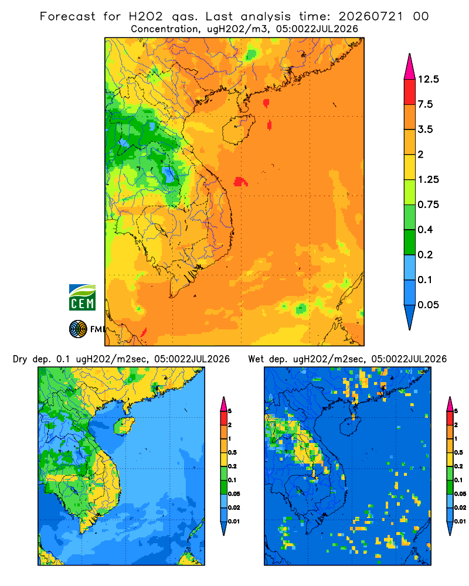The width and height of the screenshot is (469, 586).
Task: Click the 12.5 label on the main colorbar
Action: [428, 79]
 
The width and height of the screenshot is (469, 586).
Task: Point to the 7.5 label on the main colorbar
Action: [425, 104]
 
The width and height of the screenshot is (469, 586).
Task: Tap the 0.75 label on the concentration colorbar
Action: [428, 205]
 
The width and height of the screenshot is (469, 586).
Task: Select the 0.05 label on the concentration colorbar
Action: [428, 305]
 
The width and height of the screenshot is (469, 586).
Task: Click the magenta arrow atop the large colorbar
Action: [410, 67]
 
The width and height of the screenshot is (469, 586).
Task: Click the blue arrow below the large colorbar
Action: [410, 316]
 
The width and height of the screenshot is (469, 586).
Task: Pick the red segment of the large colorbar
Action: [410, 92]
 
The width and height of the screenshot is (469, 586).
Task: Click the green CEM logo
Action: [82, 297]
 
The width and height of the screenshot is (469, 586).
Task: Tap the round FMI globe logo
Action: [78, 329]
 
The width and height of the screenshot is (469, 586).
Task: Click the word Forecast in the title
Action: [67, 16]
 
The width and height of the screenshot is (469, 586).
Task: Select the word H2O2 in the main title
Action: [145, 16]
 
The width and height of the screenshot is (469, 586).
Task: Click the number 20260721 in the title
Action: [371, 16]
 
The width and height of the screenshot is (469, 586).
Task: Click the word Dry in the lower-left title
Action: [20, 359]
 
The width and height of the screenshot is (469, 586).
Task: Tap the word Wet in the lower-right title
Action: [256, 359]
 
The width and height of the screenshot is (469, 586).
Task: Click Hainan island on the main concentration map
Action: [238, 129]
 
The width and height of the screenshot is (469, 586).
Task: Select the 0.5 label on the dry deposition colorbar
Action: [232, 452]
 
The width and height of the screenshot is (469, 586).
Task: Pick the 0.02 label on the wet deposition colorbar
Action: [460, 507]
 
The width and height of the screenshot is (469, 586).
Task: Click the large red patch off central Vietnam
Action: [240, 182]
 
